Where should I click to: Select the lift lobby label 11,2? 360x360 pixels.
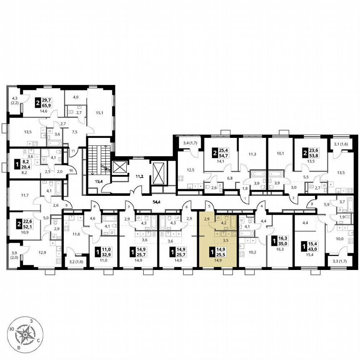(x=134, y=176)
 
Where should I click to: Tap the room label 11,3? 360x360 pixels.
(x=252, y=154)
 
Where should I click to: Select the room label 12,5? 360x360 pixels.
(x=190, y=170)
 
